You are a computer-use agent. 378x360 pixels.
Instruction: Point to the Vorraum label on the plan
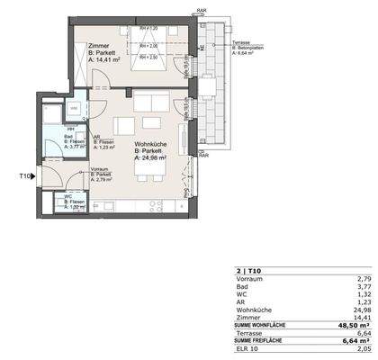(100, 169)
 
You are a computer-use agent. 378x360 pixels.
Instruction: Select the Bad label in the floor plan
(71, 135)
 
